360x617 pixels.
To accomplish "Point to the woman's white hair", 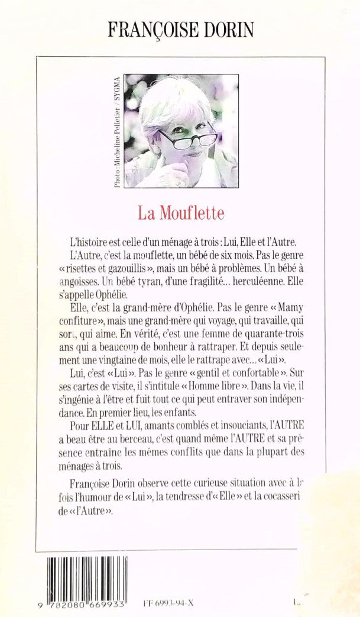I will [168, 103].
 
